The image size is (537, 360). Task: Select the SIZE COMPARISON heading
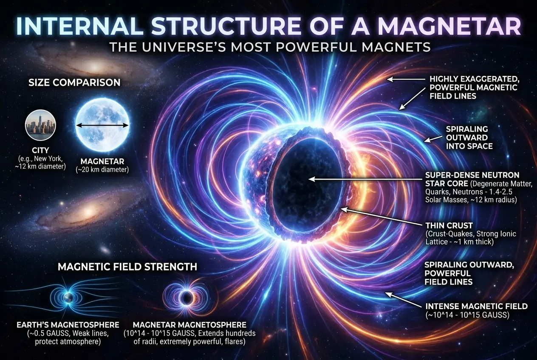click(x=74, y=82)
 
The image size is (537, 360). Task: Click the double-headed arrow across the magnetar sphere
click(x=102, y=125)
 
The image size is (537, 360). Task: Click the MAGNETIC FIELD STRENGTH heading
click(x=127, y=267)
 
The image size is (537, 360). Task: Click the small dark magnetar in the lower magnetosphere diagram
click(x=186, y=297)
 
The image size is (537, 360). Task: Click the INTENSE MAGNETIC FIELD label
click(x=476, y=306)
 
